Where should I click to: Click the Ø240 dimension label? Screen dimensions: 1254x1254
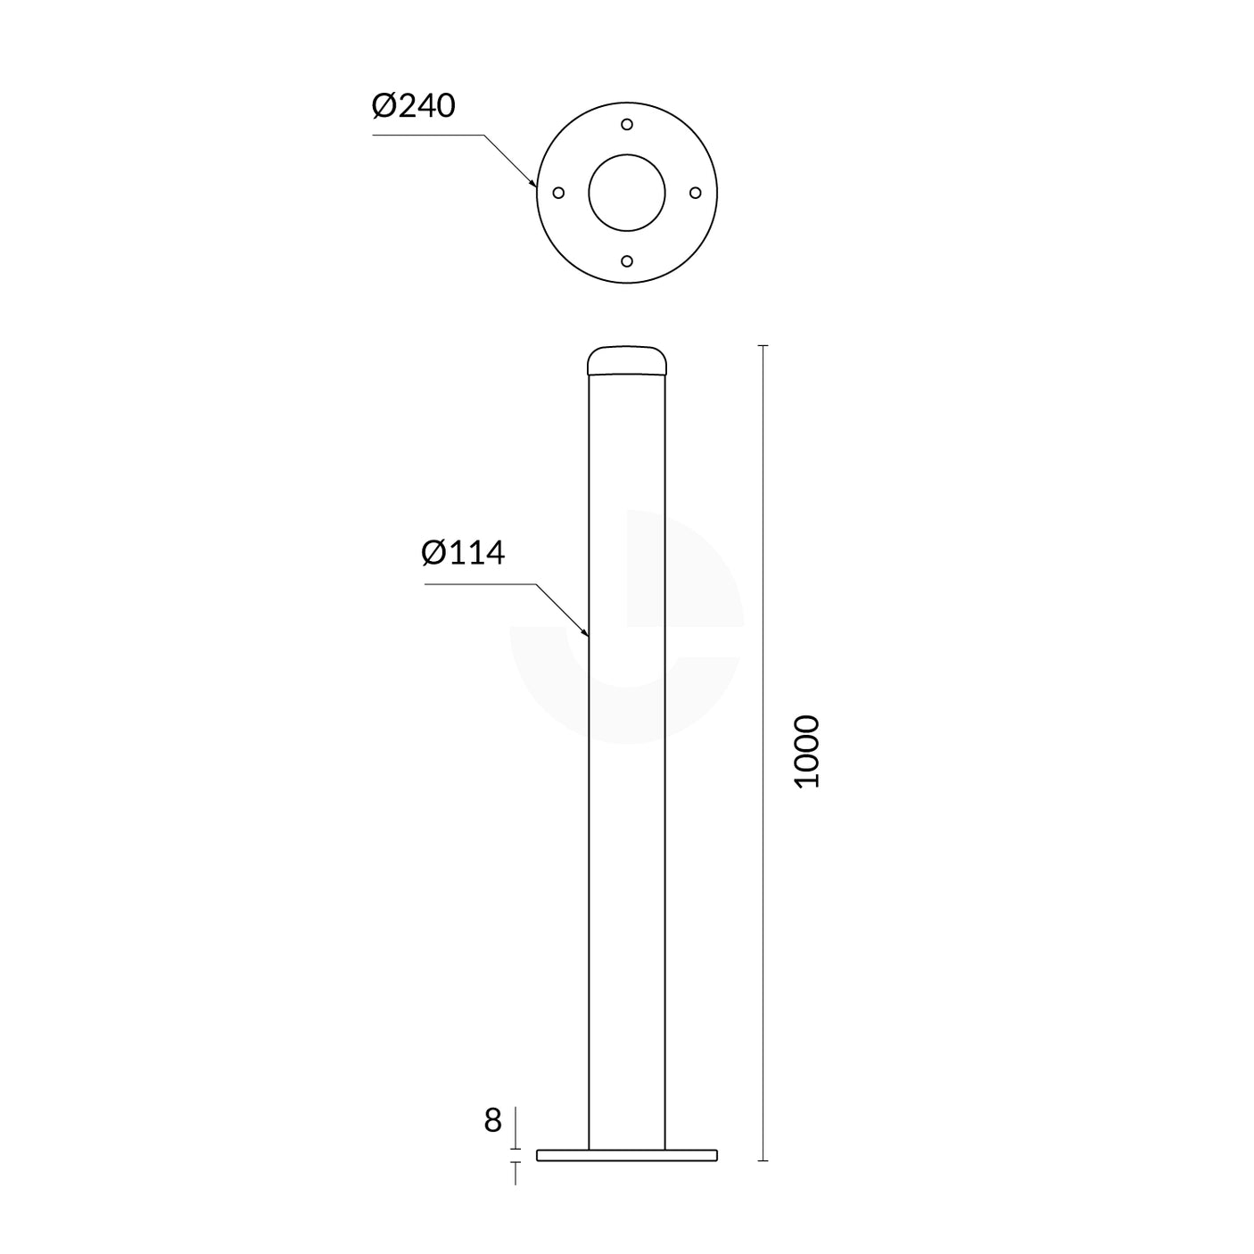click(x=413, y=106)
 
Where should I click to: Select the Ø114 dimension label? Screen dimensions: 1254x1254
click(x=463, y=553)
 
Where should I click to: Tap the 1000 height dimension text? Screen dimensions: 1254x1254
click(x=806, y=751)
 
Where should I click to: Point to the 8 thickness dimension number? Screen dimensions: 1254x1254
click(x=492, y=1120)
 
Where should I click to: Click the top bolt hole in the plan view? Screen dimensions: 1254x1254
click(x=627, y=125)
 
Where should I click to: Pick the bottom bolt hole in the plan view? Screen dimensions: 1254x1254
click(x=627, y=260)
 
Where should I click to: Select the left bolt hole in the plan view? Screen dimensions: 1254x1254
click(x=559, y=193)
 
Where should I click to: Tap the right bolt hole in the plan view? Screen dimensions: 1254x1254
click(x=696, y=193)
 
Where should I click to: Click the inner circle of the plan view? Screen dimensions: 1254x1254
click(x=627, y=193)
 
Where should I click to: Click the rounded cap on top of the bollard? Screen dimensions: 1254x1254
click(x=627, y=360)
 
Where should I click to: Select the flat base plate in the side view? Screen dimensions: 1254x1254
click(x=627, y=1155)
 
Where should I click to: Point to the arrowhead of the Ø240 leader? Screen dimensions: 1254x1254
click(x=534, y=185)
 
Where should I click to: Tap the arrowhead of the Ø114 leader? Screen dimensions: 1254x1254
click(x=586, y=634)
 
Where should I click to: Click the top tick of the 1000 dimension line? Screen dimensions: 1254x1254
click(x=763, y=345)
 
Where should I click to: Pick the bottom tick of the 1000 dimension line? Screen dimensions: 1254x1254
click(x=763, y=1160)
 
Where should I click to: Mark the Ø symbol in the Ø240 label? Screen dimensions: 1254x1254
click(x=384, y=106)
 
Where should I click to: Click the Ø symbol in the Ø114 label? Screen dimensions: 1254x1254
click(x=433, y=553)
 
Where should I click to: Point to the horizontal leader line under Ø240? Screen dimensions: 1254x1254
click(x=428, y=136)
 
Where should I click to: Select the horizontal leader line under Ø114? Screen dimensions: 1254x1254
click(x=480, y=584)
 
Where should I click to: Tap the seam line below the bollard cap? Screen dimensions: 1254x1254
click(x=627, y=375)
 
